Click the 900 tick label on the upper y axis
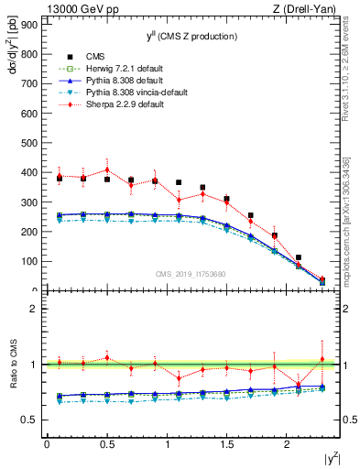tap(28, 25)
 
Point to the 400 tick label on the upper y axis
tap(28, 172)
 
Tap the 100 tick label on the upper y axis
tap(28, 261)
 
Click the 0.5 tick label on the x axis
tap(106, 444)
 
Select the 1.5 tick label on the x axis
tap(226, 444)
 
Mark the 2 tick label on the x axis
tap(287, 444)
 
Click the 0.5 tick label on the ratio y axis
tap(27, 420)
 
